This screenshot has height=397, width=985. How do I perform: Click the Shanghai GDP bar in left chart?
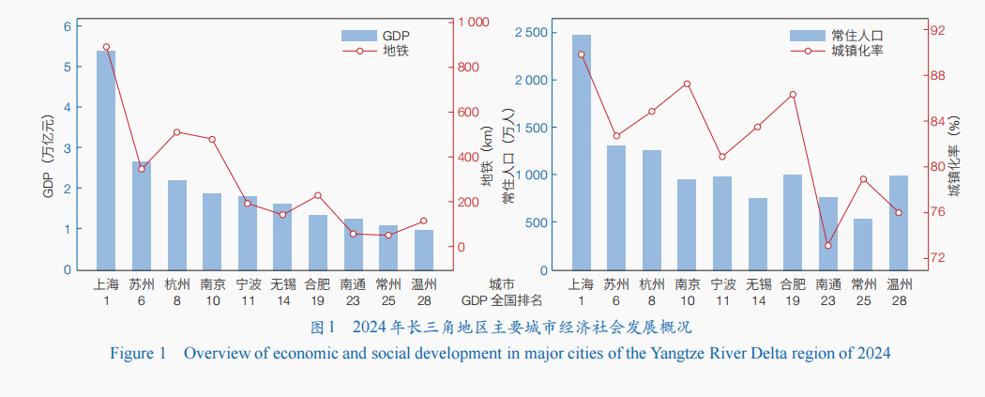point(106,160)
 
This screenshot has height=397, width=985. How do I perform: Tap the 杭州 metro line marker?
point(176,132)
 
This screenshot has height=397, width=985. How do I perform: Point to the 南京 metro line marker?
point(212,140)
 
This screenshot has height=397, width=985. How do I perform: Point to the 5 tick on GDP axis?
point(68,67)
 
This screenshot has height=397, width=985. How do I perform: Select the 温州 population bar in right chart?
point(899,222)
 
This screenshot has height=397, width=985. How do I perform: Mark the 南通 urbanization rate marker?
point(827,246)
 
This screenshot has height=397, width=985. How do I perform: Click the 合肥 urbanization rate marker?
point(793,95)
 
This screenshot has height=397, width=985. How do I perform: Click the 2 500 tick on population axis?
point(532,33)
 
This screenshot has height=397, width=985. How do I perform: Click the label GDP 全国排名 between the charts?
point(502,300)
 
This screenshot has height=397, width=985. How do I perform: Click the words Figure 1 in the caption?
point(138,354)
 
